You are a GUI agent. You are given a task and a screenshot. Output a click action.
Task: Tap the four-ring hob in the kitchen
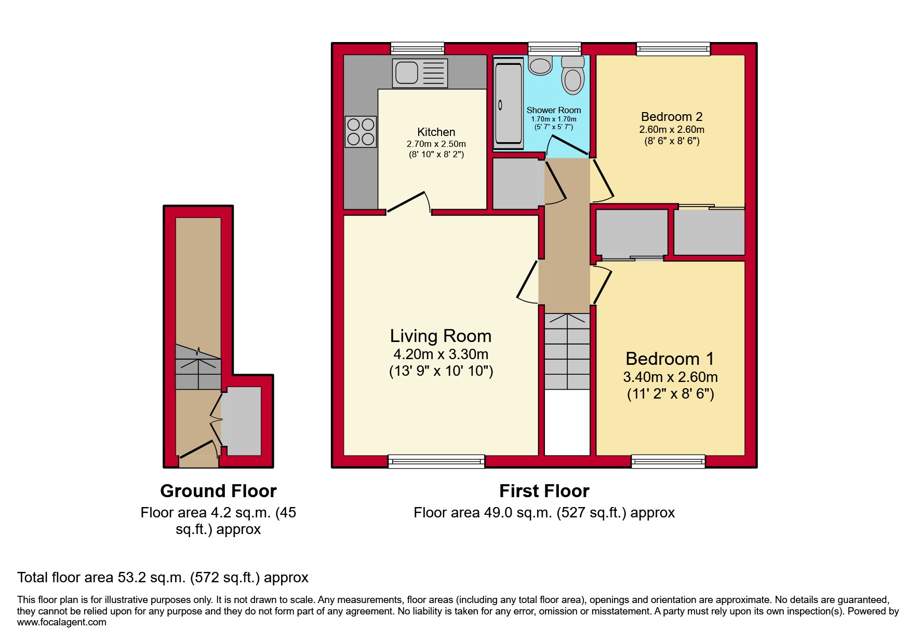(x=361, y=131)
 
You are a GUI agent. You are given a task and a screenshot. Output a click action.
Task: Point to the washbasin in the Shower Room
(x=540, y=66)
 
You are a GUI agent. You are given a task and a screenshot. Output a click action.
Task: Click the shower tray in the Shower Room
(x=508, y=104)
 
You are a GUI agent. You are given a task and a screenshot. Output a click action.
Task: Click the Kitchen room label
(x=436, y=132)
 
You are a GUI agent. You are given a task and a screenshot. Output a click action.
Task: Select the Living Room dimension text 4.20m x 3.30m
(x=441, y=354)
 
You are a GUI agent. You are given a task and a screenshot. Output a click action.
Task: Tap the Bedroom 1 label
(x=670, y=359)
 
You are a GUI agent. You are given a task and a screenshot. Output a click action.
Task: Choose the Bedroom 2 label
(x=671, y=117)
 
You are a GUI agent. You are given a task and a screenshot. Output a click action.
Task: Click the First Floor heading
(x=544, y=491)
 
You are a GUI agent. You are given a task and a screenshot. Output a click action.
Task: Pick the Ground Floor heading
(x=218, y=491)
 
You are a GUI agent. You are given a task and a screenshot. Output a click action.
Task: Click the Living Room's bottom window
(x=436, y=461)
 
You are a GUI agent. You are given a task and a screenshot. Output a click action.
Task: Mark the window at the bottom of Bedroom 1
(x=668, y=461)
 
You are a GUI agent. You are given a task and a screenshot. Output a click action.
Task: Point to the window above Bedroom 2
(x=673, y=49)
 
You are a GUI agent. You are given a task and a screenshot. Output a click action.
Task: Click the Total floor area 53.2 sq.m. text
(x=163, y=578)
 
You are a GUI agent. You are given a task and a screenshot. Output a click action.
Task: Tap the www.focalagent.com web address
(x=61, y=622)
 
